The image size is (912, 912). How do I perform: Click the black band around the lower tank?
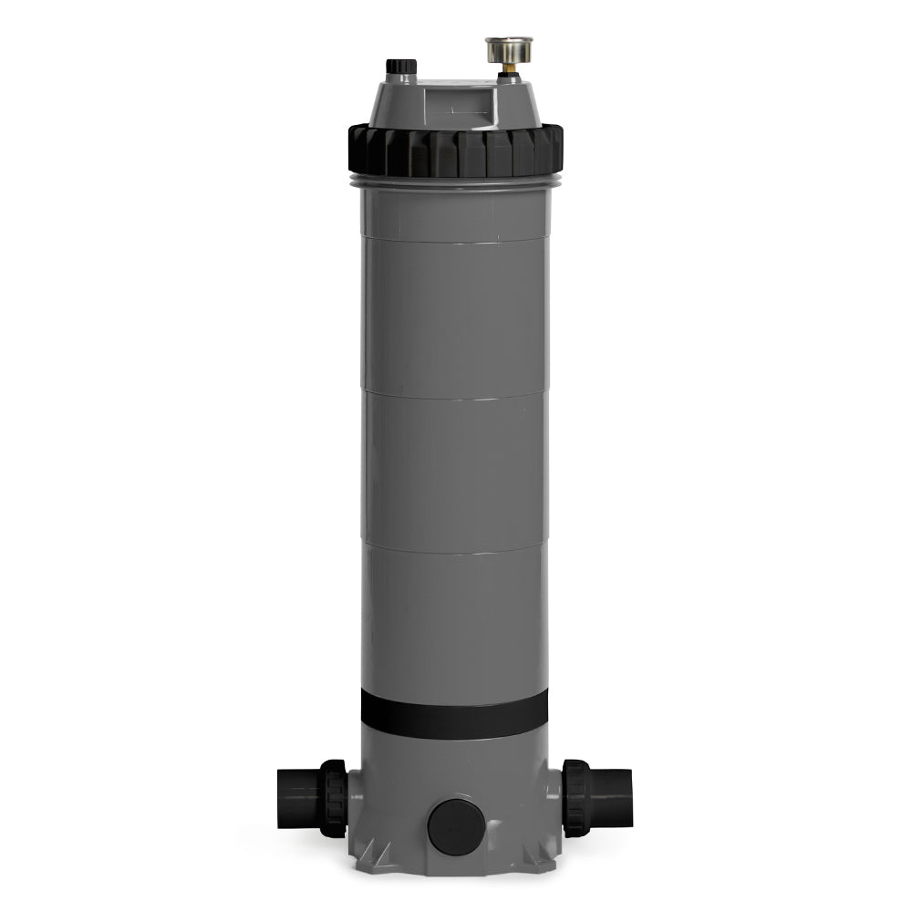click(x=454, y=713)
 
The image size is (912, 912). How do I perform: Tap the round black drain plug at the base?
click(x=453, y=826)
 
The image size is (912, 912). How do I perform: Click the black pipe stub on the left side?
click(x=296, y=798)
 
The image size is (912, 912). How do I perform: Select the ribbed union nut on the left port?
click(x=334, y=799)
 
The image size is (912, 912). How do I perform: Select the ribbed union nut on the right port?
click(x=575, y=798)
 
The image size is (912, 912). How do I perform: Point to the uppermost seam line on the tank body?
click(x=454, y=241)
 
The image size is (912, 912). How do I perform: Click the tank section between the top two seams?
click(x=454, y=319)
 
